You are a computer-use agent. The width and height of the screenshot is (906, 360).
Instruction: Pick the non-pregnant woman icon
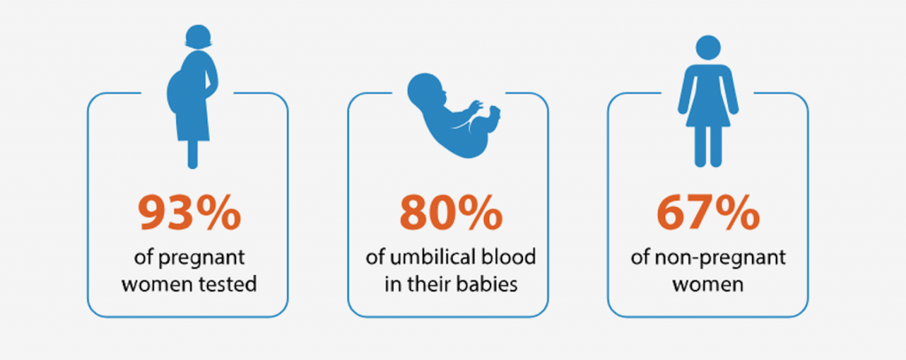pyautogui.click(x=708, y=101)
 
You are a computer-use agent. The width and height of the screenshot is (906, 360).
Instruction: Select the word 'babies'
pyautogui.click(x=492, y=286)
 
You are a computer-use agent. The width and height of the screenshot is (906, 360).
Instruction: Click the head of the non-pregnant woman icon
pyautogui.click(x=708, y=48)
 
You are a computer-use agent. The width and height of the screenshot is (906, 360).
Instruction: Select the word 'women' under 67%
pyautogui.click(x=708, y=286)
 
